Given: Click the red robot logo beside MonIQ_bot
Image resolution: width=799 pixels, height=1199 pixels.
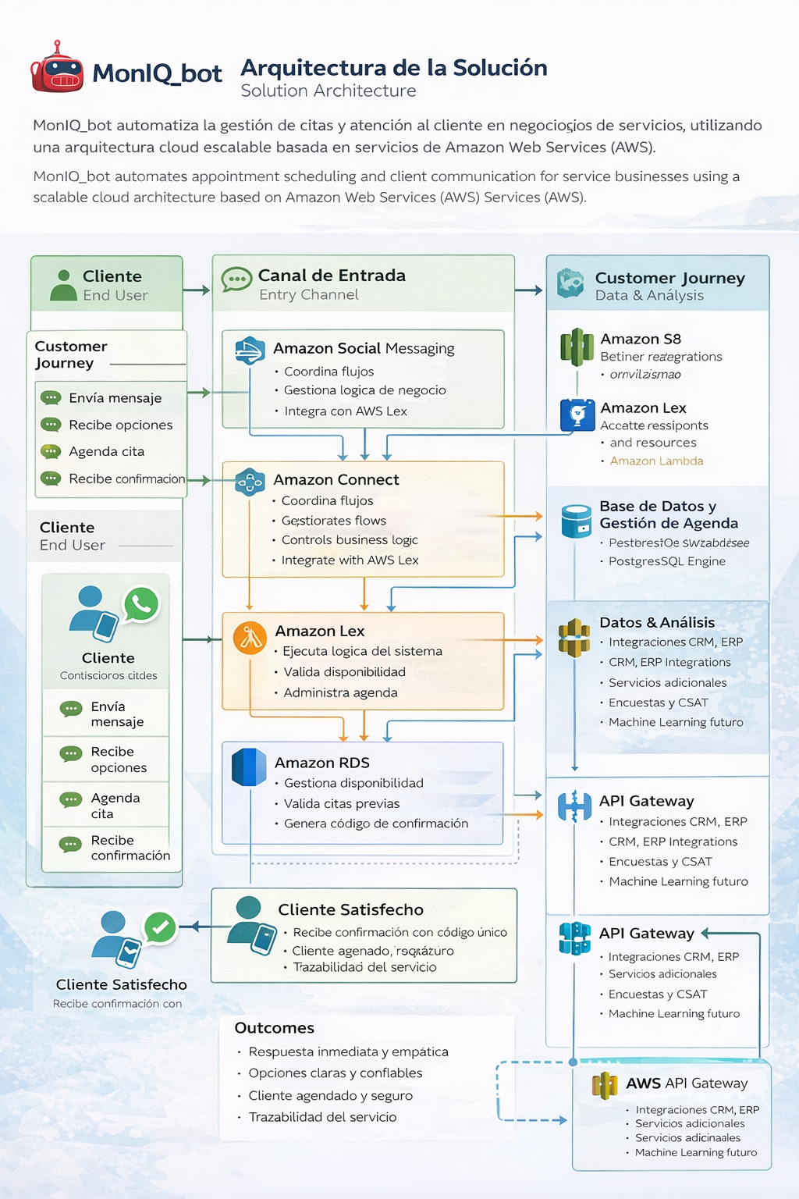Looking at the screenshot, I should tap(56, 69).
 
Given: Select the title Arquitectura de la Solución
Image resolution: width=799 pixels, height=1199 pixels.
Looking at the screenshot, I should tap(393, 68).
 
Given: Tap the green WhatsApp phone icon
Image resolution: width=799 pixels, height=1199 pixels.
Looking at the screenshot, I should tap(141, 604).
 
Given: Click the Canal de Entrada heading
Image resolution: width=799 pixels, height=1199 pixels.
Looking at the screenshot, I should tap(332, 276).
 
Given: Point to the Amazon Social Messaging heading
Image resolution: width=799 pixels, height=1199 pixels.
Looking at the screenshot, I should tap(364, 348).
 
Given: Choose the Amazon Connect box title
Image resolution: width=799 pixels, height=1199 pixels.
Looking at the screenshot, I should tap(336, 479).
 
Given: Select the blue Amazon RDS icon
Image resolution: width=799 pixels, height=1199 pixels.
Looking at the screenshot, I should tap(249, 767).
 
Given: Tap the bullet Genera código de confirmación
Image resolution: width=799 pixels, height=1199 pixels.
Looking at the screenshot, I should tap(376, 824).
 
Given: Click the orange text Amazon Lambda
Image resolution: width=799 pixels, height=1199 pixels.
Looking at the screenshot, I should tap(656, 461).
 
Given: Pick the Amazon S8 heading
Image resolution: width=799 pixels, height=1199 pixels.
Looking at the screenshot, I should tap(641, 339).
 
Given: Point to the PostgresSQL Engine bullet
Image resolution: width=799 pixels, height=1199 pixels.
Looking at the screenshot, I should tap(667, 561).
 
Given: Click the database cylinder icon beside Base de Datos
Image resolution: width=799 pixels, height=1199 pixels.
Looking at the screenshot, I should tap(577, 521).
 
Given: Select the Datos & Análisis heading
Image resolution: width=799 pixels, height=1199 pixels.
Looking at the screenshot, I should tap(657, 622).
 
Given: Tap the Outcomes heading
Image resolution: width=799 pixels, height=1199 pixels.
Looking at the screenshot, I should tap(275, 1028).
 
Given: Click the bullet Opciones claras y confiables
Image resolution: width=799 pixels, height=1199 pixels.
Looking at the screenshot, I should tap(336, 1073).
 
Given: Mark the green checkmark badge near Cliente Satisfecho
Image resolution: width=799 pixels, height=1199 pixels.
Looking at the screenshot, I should tap(160, 927).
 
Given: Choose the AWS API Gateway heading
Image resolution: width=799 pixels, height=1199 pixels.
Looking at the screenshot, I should tap(687, 1083).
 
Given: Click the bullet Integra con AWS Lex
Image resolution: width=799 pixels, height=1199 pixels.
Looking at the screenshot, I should tap(346, 411).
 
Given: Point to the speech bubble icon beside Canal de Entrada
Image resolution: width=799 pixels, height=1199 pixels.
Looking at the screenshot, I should tap(236, 279).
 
